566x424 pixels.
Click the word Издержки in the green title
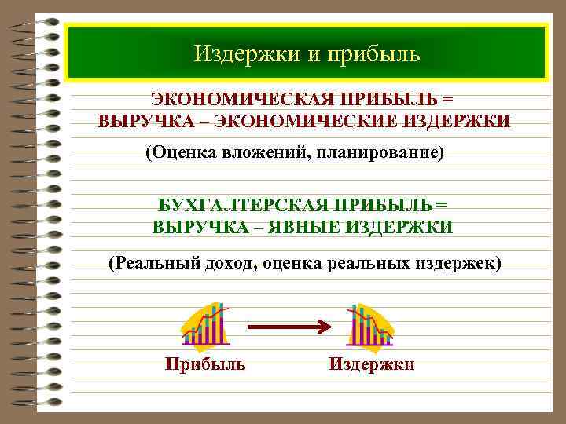pyautogui.click(x=235, y=54)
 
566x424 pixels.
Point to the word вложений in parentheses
pyautogui.click(x=259, y=152)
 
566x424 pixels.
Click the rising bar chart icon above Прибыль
pyautogui.click(x=205, y=325)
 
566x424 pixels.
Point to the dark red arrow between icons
pyautogui.click(x=288, y=325)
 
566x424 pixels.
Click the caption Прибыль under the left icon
pyautogui.click(x=205, y=364)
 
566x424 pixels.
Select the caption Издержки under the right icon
pyautogui.click(x=371, y=364)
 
